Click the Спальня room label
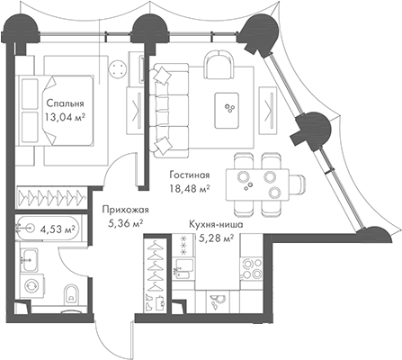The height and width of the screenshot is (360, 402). [x=65, y=103]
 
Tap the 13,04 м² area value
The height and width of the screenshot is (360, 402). [x=64, y=117]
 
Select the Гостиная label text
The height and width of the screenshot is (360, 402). [x=190, y=175]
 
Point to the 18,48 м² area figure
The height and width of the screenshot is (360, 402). [x=190, y=189]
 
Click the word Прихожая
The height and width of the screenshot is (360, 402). [x=125, y=210]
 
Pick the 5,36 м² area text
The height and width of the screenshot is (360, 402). [x=125, y=223]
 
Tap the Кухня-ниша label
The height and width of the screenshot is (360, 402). [x=216, y=224]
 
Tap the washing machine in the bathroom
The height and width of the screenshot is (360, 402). [x=32, y=285]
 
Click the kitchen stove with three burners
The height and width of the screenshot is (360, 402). [x=251, y=268]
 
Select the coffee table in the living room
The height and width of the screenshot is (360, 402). [x=227, y=110]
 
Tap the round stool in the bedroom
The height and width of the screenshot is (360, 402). [x=117, y=70]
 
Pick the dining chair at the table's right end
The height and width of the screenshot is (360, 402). [x=298, y=184]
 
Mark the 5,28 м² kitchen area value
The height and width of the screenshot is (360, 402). [x=217, y=238]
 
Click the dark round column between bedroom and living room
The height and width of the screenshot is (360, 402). [x=150, y=28]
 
